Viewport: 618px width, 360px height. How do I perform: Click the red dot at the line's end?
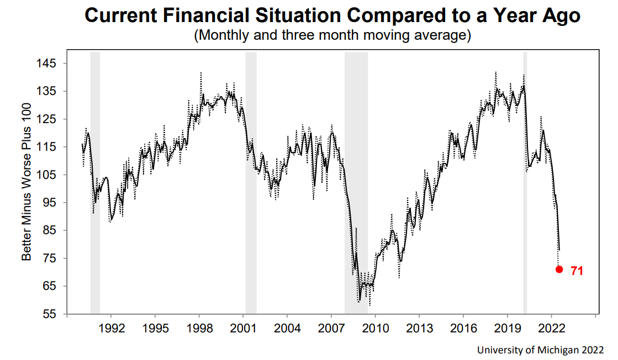pyautogui.click(x=559, y=269)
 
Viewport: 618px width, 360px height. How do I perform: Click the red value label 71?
pyautogui.click(x=577, y=271)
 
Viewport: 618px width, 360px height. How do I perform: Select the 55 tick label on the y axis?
pyautogui.click(x=50, y=314)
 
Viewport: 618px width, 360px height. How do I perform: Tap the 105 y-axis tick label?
pyautogui.click(x=47, y=175)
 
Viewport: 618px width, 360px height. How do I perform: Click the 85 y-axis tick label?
pyautogui.click(x=50, y=231)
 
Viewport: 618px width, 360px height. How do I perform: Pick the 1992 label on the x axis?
pyautogui.click(x=110, y=327)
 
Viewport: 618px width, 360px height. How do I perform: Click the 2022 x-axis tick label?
pyautogui.click(x=553, y=327)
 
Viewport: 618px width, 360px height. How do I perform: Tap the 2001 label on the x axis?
pyautogui.click(x=244, y=327)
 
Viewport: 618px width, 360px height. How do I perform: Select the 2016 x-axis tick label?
pyautogui.click(x=464, y=327)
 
